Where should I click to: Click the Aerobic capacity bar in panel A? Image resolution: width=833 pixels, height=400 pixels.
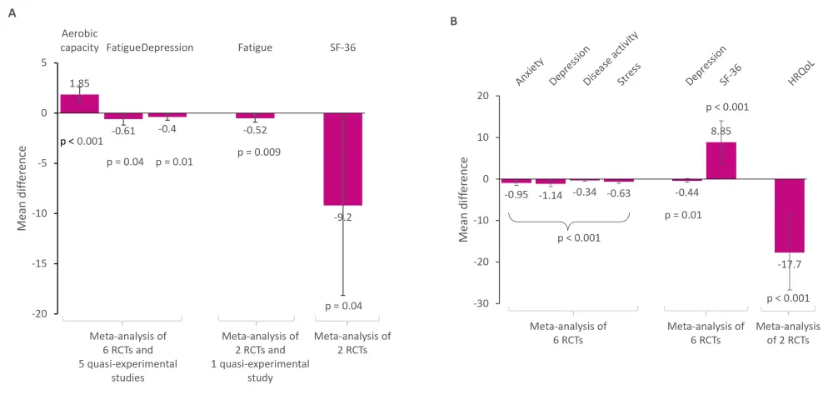click(x=79, y=103)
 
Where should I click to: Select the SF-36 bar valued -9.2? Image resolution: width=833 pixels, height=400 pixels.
click(x=342, y=158)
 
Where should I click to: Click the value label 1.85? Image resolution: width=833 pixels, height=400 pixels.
click(x=80, y=84)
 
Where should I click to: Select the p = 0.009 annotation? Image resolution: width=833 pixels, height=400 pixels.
click(x=258, y=152)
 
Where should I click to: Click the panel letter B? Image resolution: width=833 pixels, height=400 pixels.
click(x=454, y=21)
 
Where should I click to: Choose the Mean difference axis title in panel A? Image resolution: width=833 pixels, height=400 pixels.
click(x=22, y=189)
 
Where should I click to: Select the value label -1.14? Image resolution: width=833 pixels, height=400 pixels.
click(x=551, y=195)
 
